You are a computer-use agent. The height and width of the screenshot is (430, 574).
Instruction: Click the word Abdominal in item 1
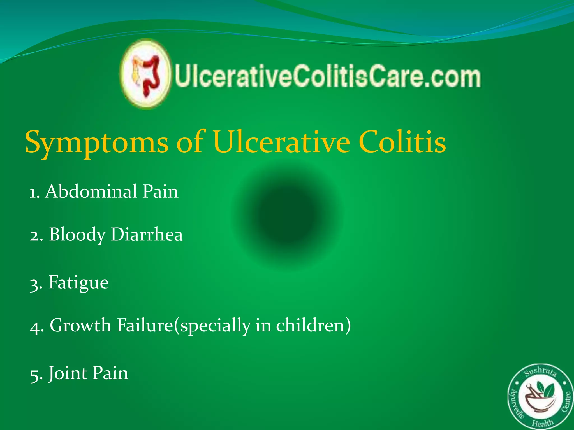[91, 191]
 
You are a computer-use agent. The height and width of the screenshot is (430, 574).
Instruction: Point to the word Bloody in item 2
[77, 235]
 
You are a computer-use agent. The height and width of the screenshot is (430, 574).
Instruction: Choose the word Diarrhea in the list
[147, 234]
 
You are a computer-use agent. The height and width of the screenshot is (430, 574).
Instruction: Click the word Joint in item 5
[67, 373]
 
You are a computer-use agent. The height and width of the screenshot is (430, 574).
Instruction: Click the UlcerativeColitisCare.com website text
[327, 76]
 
